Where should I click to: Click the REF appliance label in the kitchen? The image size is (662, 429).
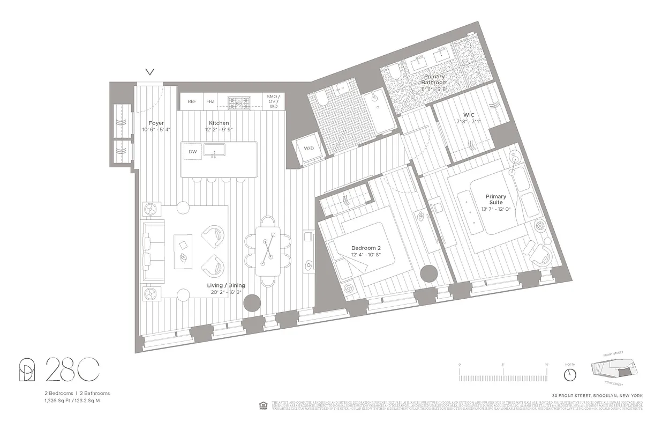point(192,101)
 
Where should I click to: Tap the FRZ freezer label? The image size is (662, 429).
point(210,101)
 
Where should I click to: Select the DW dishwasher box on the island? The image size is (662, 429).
point(193,152)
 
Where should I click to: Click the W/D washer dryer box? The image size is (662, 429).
point(309,149)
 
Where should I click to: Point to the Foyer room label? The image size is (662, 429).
point(156,123)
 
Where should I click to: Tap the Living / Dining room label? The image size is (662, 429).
point(223,286)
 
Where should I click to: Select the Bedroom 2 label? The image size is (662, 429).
point(366,248)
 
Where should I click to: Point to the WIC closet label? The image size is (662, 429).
point(469,115)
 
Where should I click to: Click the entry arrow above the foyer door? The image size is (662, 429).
point(150,72)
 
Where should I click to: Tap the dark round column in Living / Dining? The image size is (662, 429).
point(252,303)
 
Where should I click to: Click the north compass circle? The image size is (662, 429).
point(570,373)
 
